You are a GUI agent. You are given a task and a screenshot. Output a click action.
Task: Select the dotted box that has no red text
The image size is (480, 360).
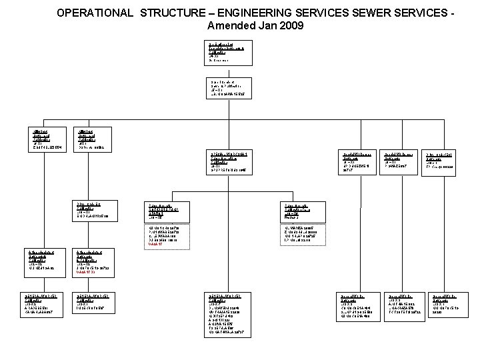click(308, 235)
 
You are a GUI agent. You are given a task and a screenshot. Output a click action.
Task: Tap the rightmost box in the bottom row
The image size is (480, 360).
click(455, 304)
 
